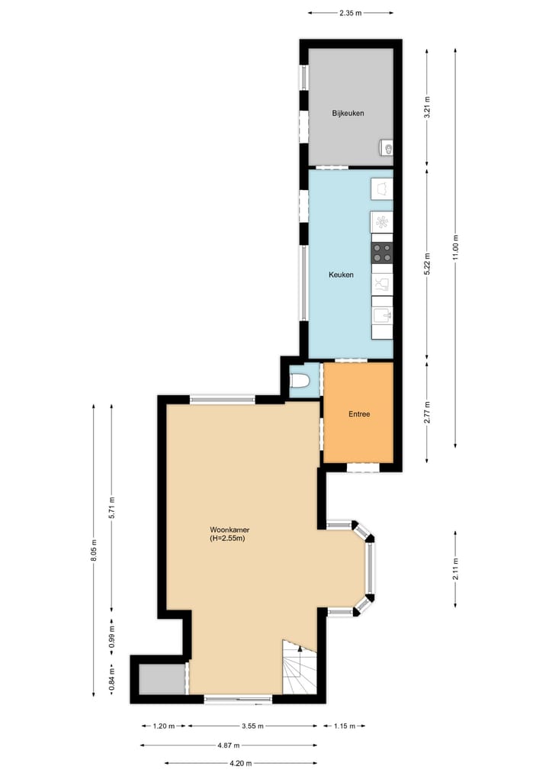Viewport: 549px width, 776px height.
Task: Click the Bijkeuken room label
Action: point(347,113)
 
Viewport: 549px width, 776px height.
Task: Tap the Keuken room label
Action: point(341,275)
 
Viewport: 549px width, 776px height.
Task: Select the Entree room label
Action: point(358,414)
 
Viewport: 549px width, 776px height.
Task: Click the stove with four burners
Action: point(382,252)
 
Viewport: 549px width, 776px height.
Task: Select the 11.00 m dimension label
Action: point(456,246)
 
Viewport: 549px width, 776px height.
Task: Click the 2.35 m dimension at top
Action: point(350,12)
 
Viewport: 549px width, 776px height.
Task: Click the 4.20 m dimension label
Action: point(239,762)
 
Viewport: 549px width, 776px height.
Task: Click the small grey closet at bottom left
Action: point(162,678)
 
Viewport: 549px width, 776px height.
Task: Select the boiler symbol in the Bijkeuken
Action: point(387,148)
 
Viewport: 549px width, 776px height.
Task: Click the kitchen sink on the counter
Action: point(381,314)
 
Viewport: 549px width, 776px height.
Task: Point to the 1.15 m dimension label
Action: point(344,726)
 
